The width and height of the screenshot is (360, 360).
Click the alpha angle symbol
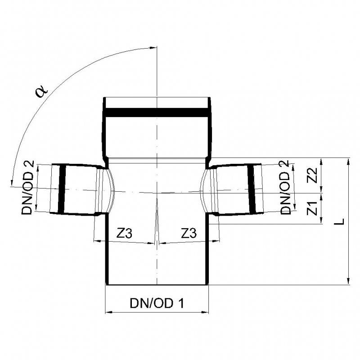pyautogui.click(x=41, y=91)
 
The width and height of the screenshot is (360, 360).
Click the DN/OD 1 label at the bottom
pyautogui.click(x=157, y=303)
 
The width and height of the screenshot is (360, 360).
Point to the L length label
pyautogui.click(x=341, y=220)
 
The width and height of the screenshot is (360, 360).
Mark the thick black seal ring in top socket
pyautogui.click(x=157, y=112)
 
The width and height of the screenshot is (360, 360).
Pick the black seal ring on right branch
pyautogui.click(x=254, y=189)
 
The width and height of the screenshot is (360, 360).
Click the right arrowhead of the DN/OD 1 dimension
pyautogui.click(x=207, y=312)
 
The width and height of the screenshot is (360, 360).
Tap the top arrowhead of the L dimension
pyautogui.click(x=348, y=161)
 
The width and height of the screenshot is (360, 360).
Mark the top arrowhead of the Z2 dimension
pyautogui.click(x=321, y=161)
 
